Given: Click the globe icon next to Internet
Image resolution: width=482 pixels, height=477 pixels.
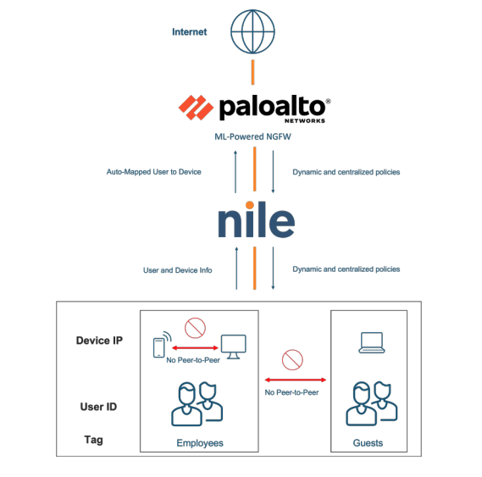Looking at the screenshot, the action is coord(252,31).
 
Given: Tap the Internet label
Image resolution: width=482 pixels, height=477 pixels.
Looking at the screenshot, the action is coord(190,31).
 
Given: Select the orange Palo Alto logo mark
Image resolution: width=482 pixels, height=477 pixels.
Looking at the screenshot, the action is coord(196,108).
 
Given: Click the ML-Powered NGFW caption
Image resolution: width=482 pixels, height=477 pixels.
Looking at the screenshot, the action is coord(252,136).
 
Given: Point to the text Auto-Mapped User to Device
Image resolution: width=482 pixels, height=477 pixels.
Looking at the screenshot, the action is coord(153,172).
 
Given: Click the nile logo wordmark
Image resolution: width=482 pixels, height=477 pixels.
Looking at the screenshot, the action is coord(256,219).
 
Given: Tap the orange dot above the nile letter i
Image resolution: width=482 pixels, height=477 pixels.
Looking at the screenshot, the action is coord(250,205).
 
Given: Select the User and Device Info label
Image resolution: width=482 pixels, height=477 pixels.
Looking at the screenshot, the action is coord(177,270).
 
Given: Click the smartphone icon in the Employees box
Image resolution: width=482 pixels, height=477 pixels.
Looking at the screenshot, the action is coord(159,347).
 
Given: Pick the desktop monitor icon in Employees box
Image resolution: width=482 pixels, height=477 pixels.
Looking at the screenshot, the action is coord(234,347).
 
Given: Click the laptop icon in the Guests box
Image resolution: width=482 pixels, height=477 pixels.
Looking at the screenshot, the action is coord(372,342).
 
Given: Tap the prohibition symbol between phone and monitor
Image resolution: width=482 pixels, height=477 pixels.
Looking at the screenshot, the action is coord(195,328).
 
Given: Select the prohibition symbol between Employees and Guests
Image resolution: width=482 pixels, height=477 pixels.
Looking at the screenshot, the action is coord(292,359).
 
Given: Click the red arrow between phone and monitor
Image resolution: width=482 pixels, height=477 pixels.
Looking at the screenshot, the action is coord(195,348).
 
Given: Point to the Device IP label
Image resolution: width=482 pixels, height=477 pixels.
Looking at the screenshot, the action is coord(99,340).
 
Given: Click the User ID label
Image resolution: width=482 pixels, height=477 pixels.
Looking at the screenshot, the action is coord(98,407).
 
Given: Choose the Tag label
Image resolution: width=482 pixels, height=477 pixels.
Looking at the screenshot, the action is coord(93,440).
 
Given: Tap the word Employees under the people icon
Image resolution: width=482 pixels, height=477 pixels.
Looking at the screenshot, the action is coord(200,443).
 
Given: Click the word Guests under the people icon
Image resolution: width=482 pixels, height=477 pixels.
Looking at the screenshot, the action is coord(368,443).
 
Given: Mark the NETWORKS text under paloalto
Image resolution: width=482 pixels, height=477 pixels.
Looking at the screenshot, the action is coord(305,121).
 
